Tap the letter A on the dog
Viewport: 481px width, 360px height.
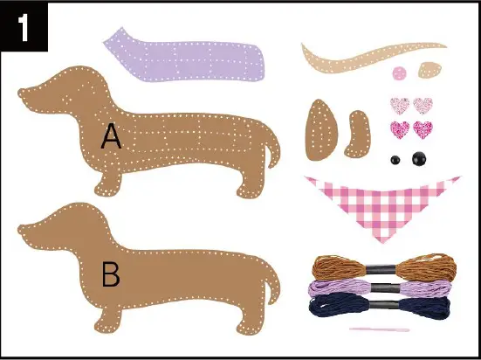pyautogui.click(x=111, y=135)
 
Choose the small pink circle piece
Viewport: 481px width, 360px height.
pyautogui.click(x=401, y=72)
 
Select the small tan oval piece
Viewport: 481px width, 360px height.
pyautogui.click(x=429, y=69)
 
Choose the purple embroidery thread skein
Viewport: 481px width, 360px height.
pyautogui.click(x=381, y=286)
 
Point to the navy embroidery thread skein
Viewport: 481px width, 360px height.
pyautogui.click(x=381, y=305)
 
